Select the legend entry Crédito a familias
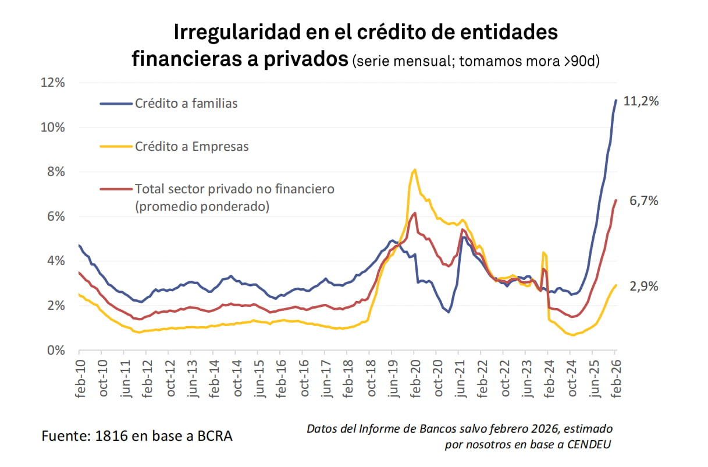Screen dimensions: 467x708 [186, 104]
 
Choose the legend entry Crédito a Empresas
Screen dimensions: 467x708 [191, 147]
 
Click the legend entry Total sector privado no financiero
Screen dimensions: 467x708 [234, 189]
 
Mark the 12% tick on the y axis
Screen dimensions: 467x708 [52, 83]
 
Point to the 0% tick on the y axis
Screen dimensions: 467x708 [55, 351]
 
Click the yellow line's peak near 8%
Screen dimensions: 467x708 [414, 170]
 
